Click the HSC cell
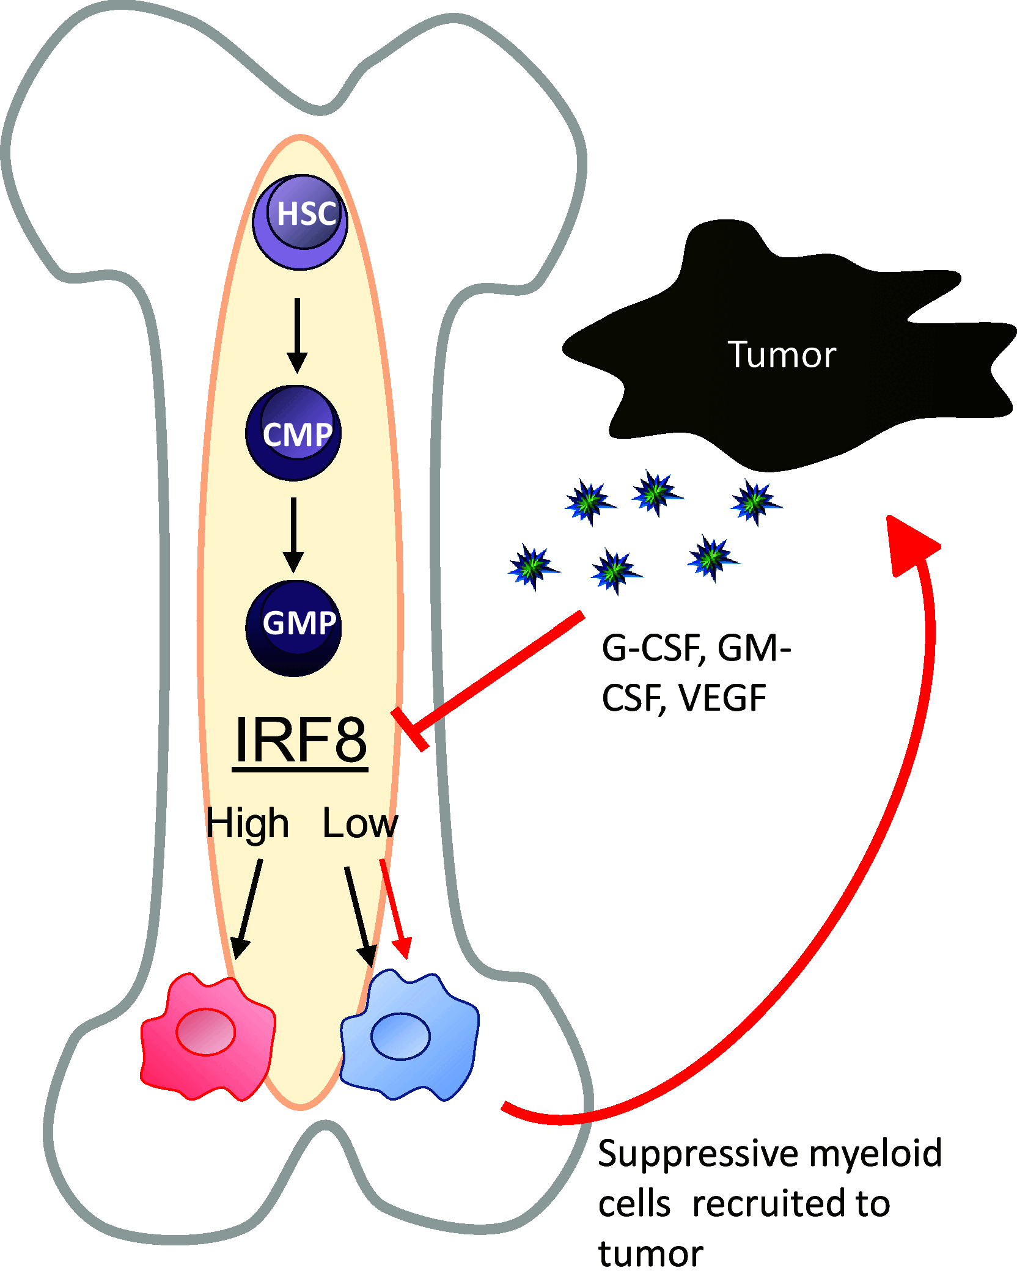pyautogui.click(x=300, y=222)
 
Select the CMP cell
pyautogui.click(x=293, y=433)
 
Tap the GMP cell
pyautogui.click(x=293, y=628)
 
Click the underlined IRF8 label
pyautogui.click(x=300, y=740)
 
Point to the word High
pyautogui.click(x=247, y=824)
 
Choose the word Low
pyautogui.click(x=360, y=824)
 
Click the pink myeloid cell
pyautogui.click(x=207, y=1037)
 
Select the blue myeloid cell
pyautogui.click(x=409, y=1037)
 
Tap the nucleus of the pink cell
pyautogui.click(x=205, y=1032)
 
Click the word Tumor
pyautogui.click(x=781, y=354)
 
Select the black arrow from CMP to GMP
pyautogui.click(x=293, y=534)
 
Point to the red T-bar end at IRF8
pyautogui.click(x=410, y=729)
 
